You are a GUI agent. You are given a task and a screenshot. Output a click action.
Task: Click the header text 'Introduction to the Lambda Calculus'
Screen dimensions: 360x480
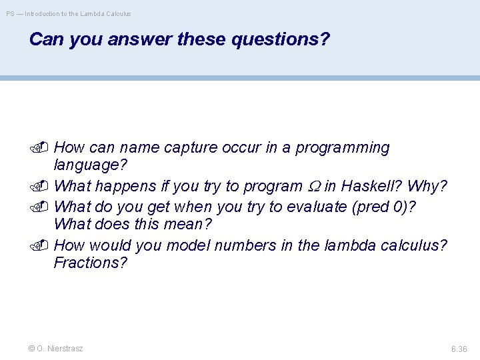click(x=77, y=13)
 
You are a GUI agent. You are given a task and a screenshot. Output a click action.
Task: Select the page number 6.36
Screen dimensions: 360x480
click(x=459, y=349)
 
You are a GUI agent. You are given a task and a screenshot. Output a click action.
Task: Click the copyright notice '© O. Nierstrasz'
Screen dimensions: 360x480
click(x=56, y=348)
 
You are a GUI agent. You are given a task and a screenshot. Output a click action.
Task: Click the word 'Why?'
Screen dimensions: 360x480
click(x=427, y=185)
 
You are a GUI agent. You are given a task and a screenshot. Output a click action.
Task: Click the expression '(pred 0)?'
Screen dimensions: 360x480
click(x=387, y=207)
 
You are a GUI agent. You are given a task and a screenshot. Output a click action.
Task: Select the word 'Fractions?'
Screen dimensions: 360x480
click(x=90, y=263)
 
